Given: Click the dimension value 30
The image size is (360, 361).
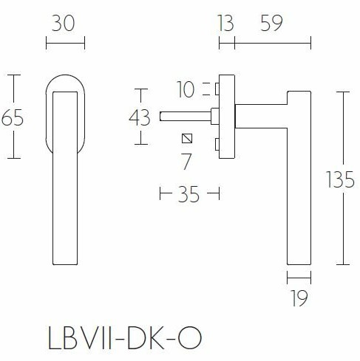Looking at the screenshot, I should tap(65, 24).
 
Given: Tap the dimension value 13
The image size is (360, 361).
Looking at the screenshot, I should tap(225, 24).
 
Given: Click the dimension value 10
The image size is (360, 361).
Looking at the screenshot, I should tap(186, 90).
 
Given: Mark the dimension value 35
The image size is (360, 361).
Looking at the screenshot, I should tap(189, 195).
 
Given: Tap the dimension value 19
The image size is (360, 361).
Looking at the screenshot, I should tap(299, 298).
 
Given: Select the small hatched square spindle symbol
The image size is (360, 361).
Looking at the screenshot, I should tap(186, 138).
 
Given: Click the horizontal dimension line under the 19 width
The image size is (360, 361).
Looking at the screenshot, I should tap(299, 278).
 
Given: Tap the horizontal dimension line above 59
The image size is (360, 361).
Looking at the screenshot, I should tap(272, 44).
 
